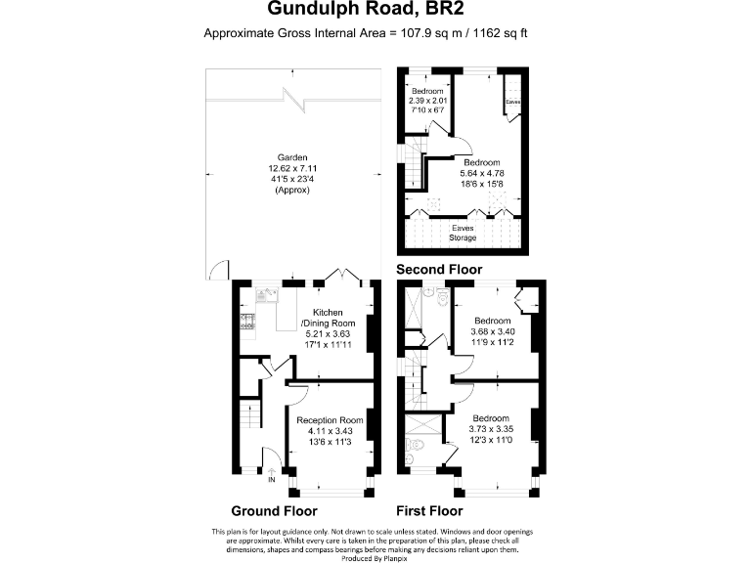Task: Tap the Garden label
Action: pyautogui.click(x=292, y=156)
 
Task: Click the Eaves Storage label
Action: pyautogui.click(x=463, y=232)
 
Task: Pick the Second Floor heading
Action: pyautogui.click(x=439, y=269)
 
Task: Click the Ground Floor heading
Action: pyautogui.click(x=274, y=511)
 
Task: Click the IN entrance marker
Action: pyautogui.click(x=272, y=480)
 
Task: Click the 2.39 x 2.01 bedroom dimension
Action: pyautogui.click(x=426, y=101)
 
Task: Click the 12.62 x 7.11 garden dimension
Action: pyautogui.click(x=292, y=168)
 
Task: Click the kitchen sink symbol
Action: pyautogui.click(x=263, y=295)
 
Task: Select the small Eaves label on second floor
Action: pyautogui.click(x=513, y=102)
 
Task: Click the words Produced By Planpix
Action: pyautogui.click(x=375, y=555)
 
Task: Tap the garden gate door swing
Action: pyautogui.click(x=219, y=269)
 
